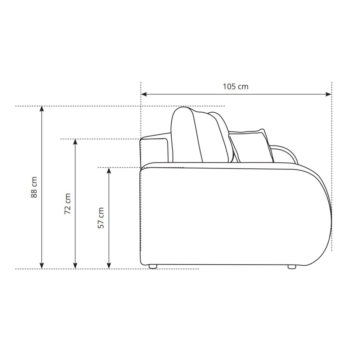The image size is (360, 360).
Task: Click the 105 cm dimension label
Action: [235, 86]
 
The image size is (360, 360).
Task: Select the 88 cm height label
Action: [34, 187]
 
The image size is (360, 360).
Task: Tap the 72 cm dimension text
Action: [68, 204]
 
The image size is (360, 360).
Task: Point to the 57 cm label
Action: [101, 218]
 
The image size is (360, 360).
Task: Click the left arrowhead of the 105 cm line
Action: [144, 94]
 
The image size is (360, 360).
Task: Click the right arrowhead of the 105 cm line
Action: [329, 94]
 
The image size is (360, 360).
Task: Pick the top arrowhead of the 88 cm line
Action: [41, 109]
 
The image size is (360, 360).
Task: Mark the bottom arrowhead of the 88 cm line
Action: [41, 266]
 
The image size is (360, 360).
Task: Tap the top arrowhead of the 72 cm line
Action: [75, 142]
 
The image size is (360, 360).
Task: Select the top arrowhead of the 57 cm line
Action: [109, 170]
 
